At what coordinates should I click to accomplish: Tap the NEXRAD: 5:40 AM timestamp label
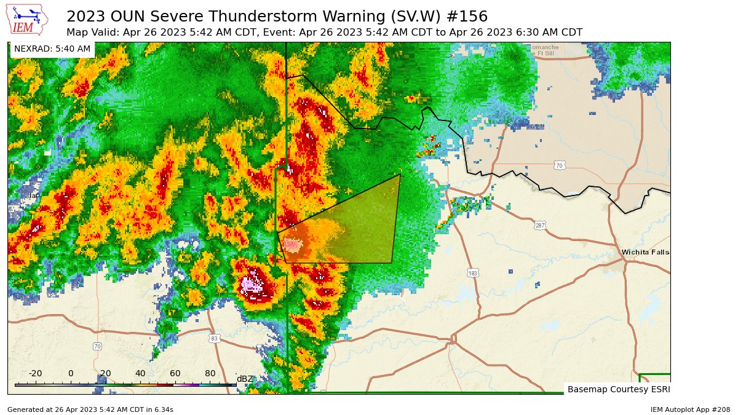coord(52,49)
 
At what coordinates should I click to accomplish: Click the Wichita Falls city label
coord(645,252)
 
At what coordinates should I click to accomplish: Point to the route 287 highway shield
coord(540,226)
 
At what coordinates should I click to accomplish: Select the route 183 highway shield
coord(472,272)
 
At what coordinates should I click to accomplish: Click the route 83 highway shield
coord(214,338)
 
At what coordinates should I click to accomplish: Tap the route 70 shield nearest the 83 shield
coord(97,347)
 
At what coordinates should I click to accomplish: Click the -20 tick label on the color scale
coord(35,373)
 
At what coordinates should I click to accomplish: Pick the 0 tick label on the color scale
coord(71,373)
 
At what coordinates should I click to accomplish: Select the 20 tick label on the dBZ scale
coord(105,373)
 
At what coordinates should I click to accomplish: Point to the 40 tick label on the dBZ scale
coord(140,373)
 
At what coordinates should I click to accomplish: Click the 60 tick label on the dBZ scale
coord(175,373)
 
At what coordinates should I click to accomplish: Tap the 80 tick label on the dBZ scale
coord(210,373)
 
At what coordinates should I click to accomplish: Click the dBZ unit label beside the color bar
coord(245,378)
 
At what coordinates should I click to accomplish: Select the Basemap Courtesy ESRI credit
coord(618,389)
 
